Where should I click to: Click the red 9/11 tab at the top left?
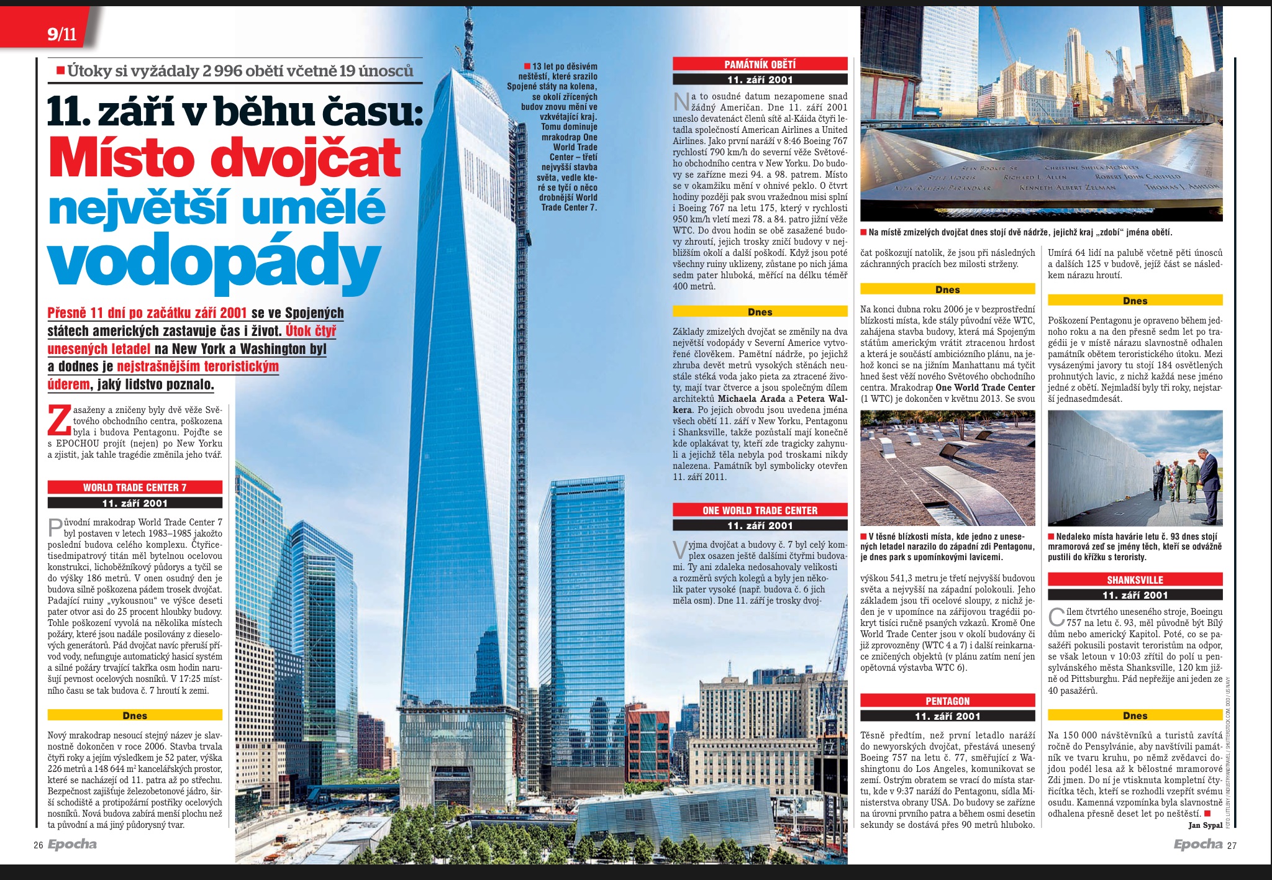(61, 34)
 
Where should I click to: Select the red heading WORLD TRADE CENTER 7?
(135, 488)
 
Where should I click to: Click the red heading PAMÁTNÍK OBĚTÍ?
(760, 64)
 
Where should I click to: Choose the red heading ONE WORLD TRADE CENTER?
(760, 510)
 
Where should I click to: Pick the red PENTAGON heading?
(947, 701)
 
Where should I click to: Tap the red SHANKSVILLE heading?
(1135, 580)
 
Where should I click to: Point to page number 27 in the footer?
(1232, 845)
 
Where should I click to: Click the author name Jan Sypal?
(1205, 825)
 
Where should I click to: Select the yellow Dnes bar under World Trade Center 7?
(135, 715)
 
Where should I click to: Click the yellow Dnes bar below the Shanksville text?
(1135, 715)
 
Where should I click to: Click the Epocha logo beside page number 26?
(71, 845)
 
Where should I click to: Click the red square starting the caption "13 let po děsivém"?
(527, 66)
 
